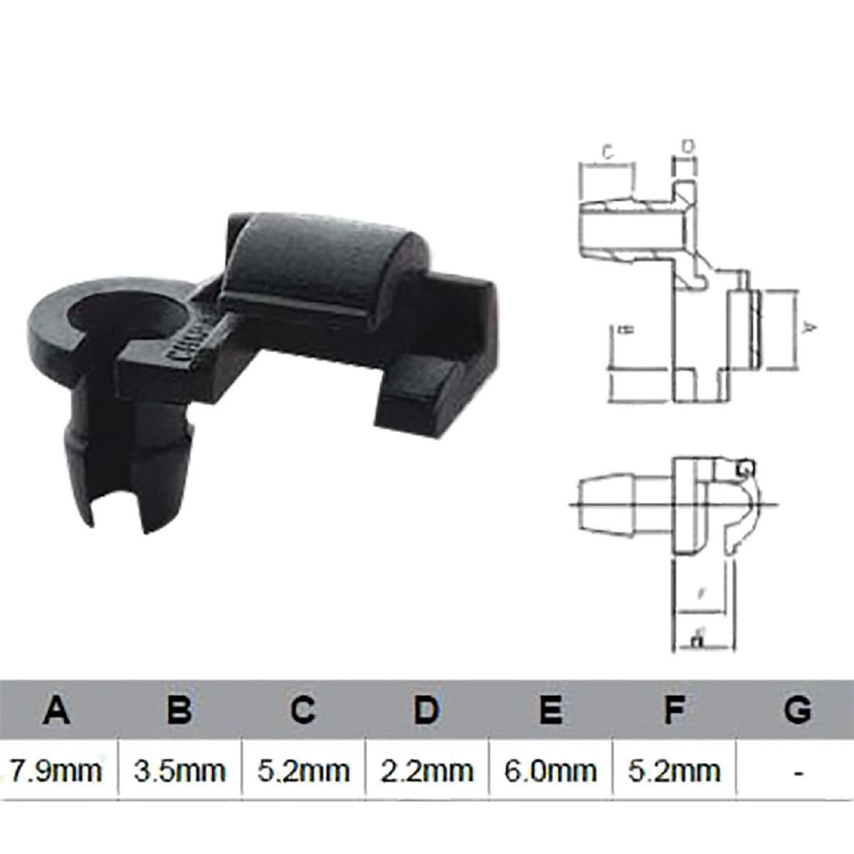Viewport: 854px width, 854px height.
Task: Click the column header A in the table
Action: click(57, 710)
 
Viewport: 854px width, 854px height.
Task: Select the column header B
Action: click(180, 710)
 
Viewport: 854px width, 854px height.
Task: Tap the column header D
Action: click(427, 710)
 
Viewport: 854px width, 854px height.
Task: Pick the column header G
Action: click(797, 710)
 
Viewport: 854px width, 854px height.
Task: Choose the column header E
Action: click(550, 710)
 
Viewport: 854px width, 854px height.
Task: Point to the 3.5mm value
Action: click(180, 770)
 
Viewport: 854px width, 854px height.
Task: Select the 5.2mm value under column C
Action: click(304, 770)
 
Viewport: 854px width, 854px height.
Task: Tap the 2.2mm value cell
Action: click(427, 770)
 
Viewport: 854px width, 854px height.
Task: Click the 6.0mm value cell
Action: click(550, 770)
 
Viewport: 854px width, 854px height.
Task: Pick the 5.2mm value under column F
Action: click(674, 770)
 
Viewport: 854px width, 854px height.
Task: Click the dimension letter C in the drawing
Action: click(607, 152)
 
